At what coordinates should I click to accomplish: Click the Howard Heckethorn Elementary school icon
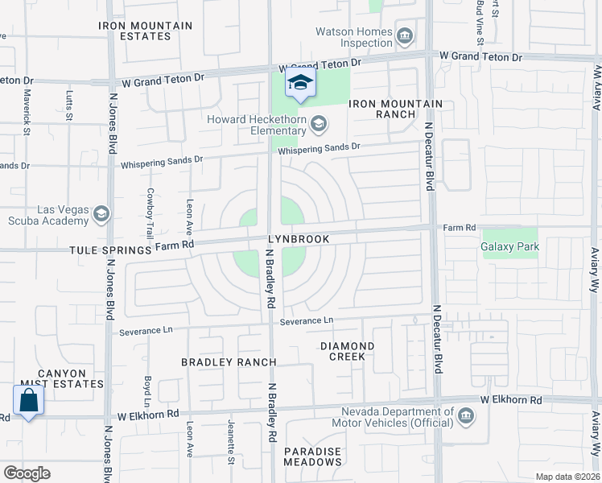coord(319,122)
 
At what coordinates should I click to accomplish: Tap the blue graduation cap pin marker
coord(301,82)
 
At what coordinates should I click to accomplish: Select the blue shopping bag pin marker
coord(28,401)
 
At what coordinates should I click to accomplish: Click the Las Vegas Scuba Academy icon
coord(101,214)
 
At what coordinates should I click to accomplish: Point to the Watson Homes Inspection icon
coord(405,36)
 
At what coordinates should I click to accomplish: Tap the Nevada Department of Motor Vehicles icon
coord(466,416)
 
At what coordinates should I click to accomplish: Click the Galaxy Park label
coord(509,246)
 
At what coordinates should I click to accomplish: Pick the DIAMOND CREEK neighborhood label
coord(347,350)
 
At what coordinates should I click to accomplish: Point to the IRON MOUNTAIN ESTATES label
coord(146,31)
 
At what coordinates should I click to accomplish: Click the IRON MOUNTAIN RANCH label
coord(395,109)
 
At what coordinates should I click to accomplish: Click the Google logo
coord(27,473)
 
